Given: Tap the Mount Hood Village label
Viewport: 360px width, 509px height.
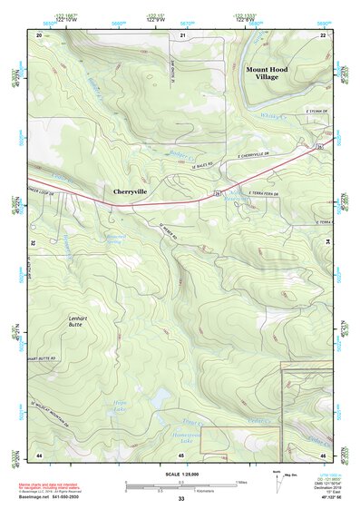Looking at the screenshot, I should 268,73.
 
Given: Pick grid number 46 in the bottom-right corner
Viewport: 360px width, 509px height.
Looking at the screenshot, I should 324,453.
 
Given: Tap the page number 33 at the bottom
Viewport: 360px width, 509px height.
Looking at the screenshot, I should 181,500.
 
